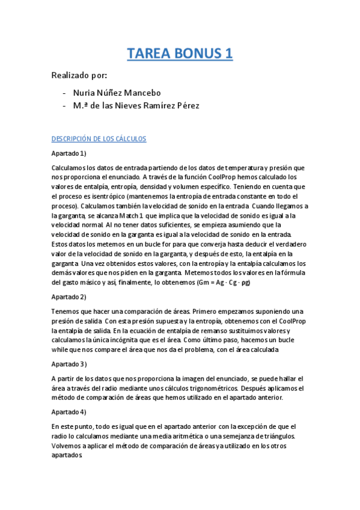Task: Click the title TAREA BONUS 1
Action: [x=180, y=54]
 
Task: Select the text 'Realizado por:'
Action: [x=79, y=75]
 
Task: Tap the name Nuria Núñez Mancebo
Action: [x=117, y=93]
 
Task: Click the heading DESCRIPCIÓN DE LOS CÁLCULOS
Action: [x=99, y=139]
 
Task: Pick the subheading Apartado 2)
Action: [x=69, y=296]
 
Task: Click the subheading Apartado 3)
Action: [x=69, y=364]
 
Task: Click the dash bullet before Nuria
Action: [x=64, y=93]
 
